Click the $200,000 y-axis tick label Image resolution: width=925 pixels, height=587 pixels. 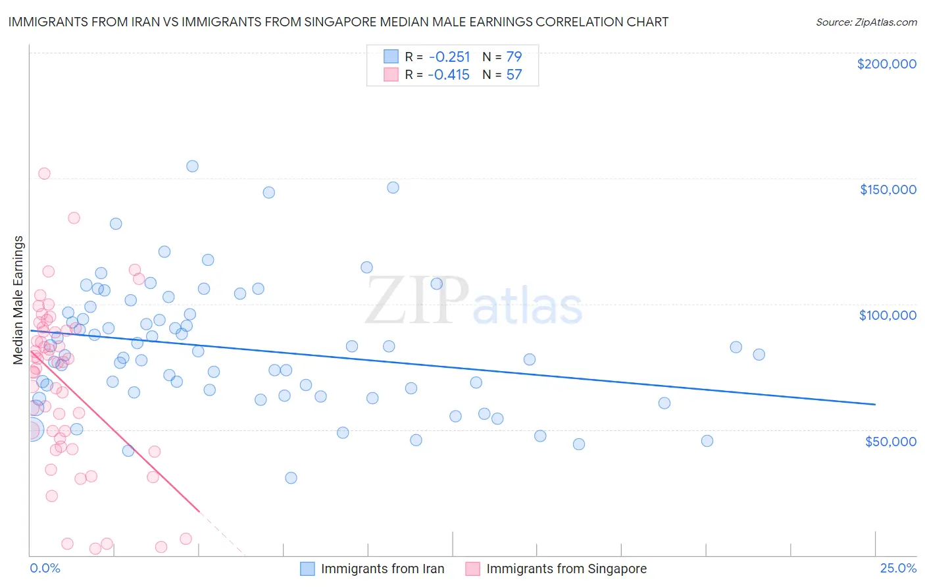point(886,64)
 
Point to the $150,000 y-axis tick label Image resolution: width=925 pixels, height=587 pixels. point(888,190)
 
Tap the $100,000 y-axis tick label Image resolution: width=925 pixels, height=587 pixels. point(888,315)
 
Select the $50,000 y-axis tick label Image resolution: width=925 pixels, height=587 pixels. point(890,441)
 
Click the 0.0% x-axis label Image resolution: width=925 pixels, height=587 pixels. point(45,568)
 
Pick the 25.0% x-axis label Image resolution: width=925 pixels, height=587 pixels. point(898,568)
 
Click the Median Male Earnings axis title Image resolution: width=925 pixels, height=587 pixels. point(18,300)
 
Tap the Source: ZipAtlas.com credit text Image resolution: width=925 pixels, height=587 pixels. point(866,22)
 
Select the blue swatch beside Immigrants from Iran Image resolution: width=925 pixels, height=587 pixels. point(307,569)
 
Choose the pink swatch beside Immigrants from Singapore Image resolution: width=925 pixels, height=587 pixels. point(472,569)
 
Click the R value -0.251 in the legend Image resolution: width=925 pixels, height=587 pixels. point(449,57)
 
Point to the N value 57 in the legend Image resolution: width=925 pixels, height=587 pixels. point(514,74)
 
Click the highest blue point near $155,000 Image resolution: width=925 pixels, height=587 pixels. point(192,166)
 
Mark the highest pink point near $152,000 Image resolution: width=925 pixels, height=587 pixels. point(44,174)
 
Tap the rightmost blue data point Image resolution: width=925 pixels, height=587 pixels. point(759,354)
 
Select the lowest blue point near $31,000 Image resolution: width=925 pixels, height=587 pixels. point(291,478)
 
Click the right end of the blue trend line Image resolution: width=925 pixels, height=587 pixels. point(875,404)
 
